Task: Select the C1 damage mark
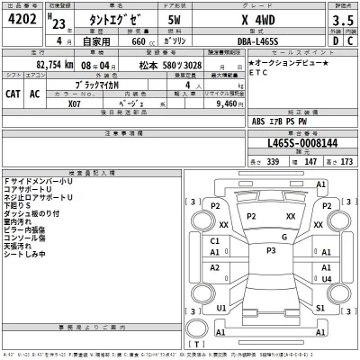coord(215,241)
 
